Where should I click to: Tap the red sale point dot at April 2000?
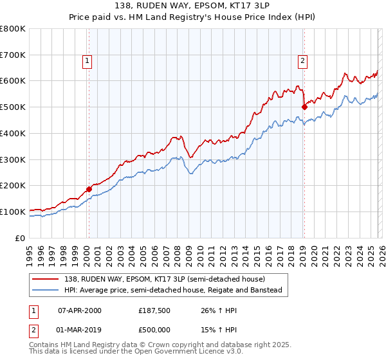(89, 189)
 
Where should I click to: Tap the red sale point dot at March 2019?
(304, 107)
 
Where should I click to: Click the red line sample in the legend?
(46, 279)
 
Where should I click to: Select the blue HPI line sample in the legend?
(46, 290)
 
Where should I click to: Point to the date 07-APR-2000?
(80, 310)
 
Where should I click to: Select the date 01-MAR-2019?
(80, 330)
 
